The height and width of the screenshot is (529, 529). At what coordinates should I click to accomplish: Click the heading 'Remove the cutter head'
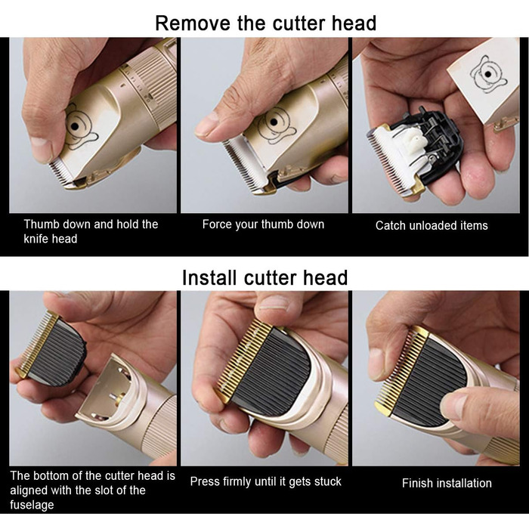coord(265,23)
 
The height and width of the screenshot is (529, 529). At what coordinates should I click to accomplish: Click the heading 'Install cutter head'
coord(264,277)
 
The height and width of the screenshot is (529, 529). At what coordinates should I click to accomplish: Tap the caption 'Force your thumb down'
coord(263,224)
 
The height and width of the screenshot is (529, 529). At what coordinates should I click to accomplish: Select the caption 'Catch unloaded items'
coord(432,225)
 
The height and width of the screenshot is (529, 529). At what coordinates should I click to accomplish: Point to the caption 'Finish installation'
coord(447,483)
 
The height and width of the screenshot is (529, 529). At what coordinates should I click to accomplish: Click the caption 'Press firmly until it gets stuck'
coord(265,481)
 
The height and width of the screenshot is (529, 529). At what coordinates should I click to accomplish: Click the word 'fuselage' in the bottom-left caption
coord(32,505)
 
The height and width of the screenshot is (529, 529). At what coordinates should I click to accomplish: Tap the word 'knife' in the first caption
coord(35,239)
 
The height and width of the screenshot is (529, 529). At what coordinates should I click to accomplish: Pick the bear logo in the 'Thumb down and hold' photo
coord(79,128)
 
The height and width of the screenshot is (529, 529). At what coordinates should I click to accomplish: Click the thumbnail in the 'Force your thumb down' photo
coord(206,124)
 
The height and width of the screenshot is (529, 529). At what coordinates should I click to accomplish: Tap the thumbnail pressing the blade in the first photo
coord(40,148)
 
